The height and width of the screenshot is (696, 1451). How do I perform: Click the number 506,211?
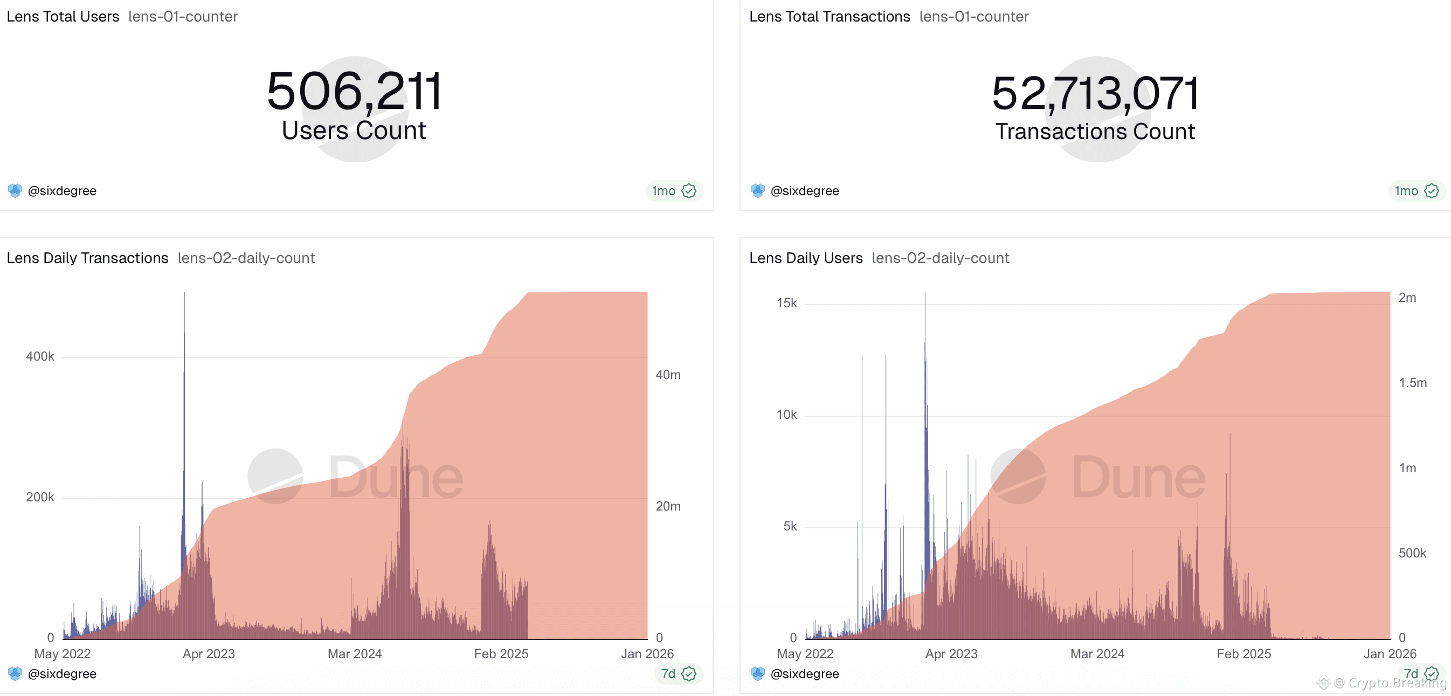click(x=354, y=91)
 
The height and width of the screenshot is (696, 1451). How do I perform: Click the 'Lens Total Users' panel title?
click(x=63, y=16)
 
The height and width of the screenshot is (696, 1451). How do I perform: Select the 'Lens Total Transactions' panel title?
click(x=829, y=16)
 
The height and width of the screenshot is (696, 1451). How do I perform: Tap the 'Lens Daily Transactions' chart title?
click(x=87, y=258)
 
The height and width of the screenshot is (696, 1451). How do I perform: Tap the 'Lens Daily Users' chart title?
click(x=805, y=258)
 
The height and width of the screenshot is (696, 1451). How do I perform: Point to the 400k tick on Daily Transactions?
click(x=40, y=356)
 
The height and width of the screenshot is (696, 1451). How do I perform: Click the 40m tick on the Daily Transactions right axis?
click(x=668, y=375)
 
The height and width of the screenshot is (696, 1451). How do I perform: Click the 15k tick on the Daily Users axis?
click(x=786, y=303)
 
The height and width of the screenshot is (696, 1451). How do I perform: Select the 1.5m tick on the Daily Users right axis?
click(x=1413, y=383)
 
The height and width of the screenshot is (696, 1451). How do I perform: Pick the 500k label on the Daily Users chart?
click(x=1412, y=553)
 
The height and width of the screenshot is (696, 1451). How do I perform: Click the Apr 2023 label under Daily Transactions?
click(x=209, y=654)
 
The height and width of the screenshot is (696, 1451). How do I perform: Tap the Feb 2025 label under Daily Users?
click(x=1243, y=654)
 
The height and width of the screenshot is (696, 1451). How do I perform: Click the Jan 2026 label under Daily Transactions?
click(x=647, y=654)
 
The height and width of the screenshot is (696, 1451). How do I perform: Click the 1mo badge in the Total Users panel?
click(x=664, y=191)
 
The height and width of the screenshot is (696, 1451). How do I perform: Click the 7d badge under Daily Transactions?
click(x=668, y=674)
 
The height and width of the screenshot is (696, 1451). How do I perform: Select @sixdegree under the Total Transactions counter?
click(x=804, y=191)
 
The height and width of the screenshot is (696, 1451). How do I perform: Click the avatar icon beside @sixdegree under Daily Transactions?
click(x=15, y=673)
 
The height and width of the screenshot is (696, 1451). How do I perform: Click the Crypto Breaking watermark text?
click(x=1397, y=683)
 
